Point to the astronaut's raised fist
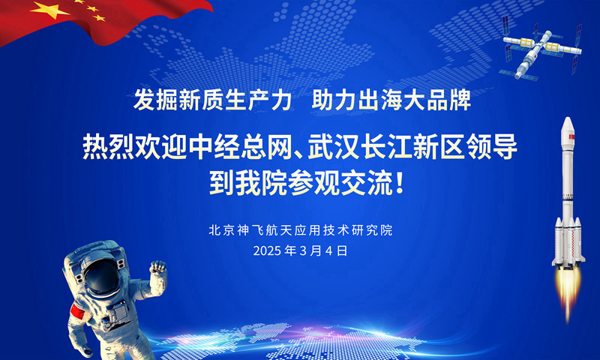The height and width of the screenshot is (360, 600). click(x=157, y=268)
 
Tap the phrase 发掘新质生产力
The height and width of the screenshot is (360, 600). click(x=213, y=100)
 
